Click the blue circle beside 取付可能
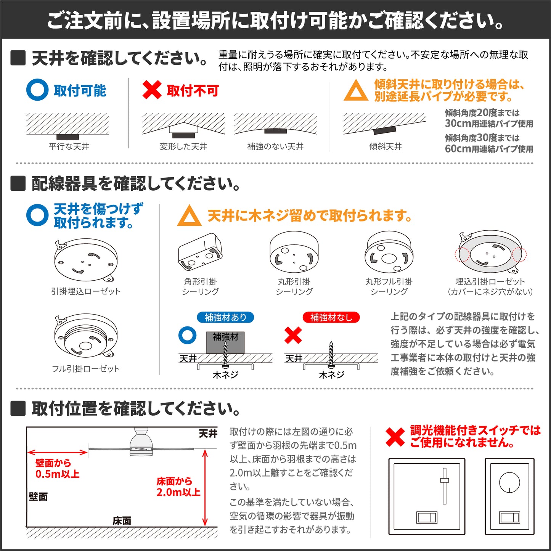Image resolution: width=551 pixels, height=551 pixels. click(37, 90)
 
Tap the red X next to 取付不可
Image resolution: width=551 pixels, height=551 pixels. click(152, 90)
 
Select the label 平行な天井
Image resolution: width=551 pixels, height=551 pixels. click(69, 146)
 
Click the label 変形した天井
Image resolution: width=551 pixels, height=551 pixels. click(183, 146)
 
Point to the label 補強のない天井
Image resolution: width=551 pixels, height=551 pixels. click(275, 146)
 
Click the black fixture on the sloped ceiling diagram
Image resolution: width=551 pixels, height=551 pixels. click(385, 130)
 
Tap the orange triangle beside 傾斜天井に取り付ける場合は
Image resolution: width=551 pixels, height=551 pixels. click(356, 90)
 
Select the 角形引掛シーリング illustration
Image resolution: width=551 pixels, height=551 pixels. click(200, 251)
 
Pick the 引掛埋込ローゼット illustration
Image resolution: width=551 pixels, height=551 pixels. click(86, 260)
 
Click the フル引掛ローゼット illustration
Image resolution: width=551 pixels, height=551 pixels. click(86, 336)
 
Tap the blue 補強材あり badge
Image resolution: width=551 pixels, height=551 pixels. click(225, 317)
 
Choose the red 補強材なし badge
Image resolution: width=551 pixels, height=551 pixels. click(331, 317)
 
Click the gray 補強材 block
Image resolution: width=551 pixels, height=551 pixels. click(225, 342)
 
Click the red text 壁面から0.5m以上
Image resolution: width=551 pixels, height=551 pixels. click(57, 469)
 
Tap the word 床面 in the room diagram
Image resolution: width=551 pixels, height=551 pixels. click(122, 521)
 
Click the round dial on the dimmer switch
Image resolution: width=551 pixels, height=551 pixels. click(509, 483)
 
